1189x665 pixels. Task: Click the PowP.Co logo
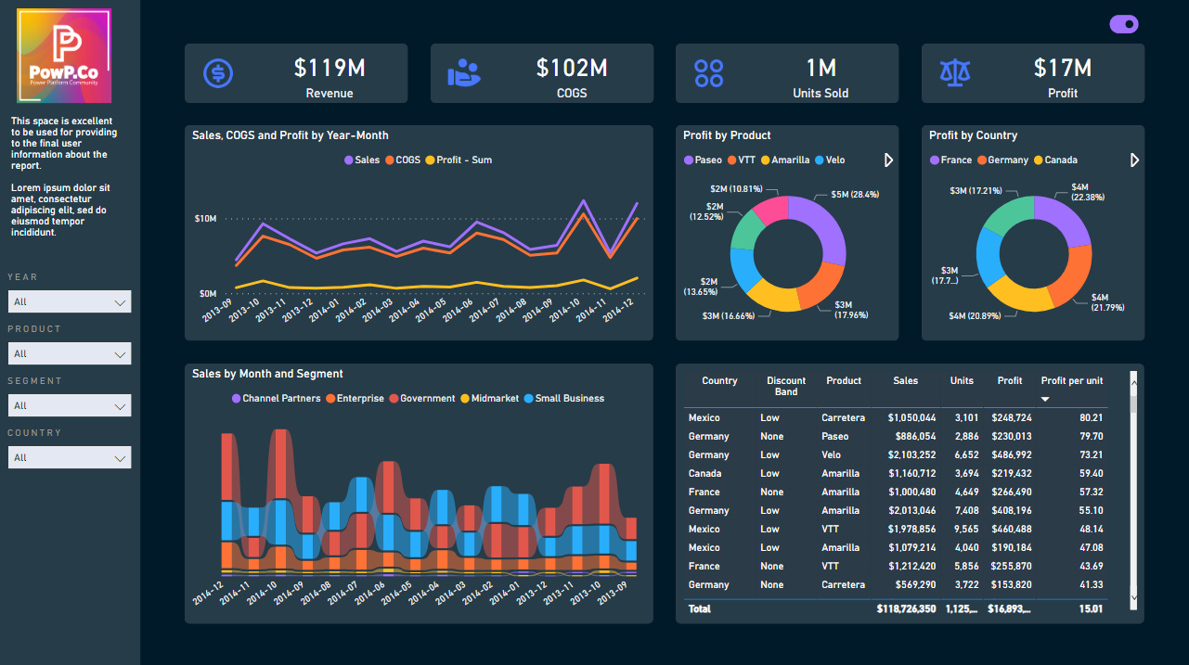point(64,56)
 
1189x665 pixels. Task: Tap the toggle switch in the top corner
point(1124,25)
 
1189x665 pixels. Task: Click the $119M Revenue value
point(330,68)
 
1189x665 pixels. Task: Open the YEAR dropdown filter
point(70,301)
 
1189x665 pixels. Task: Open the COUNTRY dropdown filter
point(70,457)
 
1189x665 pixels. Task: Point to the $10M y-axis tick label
point(205,219)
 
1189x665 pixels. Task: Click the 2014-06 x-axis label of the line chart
point(458,308)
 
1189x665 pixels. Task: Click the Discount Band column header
point(786,386)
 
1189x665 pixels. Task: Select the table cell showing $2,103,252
point(911,455)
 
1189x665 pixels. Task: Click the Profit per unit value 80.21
point(1091,418)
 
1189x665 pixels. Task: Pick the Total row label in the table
point(699,609)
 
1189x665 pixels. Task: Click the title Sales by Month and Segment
point(267,374)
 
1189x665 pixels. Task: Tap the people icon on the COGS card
point(464,73)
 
